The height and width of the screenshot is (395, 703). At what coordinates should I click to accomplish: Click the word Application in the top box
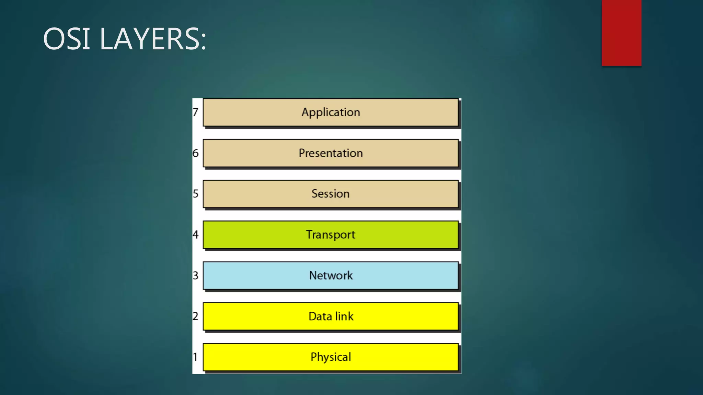(331, 112)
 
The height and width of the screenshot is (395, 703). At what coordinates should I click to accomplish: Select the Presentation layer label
(331, 153)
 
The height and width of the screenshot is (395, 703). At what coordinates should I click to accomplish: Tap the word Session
(331, 194)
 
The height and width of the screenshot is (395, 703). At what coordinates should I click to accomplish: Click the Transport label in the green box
(331, 235)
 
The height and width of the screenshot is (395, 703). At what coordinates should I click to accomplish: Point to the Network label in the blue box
(331, 275)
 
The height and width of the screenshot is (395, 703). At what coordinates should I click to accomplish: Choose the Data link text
(331, 316)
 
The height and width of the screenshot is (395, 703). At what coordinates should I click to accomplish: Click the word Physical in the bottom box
(331, 357)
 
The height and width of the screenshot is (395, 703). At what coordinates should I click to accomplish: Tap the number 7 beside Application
(195, 112)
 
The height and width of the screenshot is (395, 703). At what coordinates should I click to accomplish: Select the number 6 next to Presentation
(195, 153)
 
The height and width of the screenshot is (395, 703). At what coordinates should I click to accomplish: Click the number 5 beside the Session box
(195, 194)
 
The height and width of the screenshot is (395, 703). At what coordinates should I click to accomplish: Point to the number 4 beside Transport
(195, 235)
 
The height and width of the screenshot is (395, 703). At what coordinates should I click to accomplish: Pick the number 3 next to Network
(195, 275)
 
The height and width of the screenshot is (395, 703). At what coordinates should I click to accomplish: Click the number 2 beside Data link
(195, 316)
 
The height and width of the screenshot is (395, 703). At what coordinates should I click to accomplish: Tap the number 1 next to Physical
(195, 357)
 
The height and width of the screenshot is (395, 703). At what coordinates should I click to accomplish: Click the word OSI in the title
(67, 39)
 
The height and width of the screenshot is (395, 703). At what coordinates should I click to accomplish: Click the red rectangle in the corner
(621, 33)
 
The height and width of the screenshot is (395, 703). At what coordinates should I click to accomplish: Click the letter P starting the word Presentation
(302, 153)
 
